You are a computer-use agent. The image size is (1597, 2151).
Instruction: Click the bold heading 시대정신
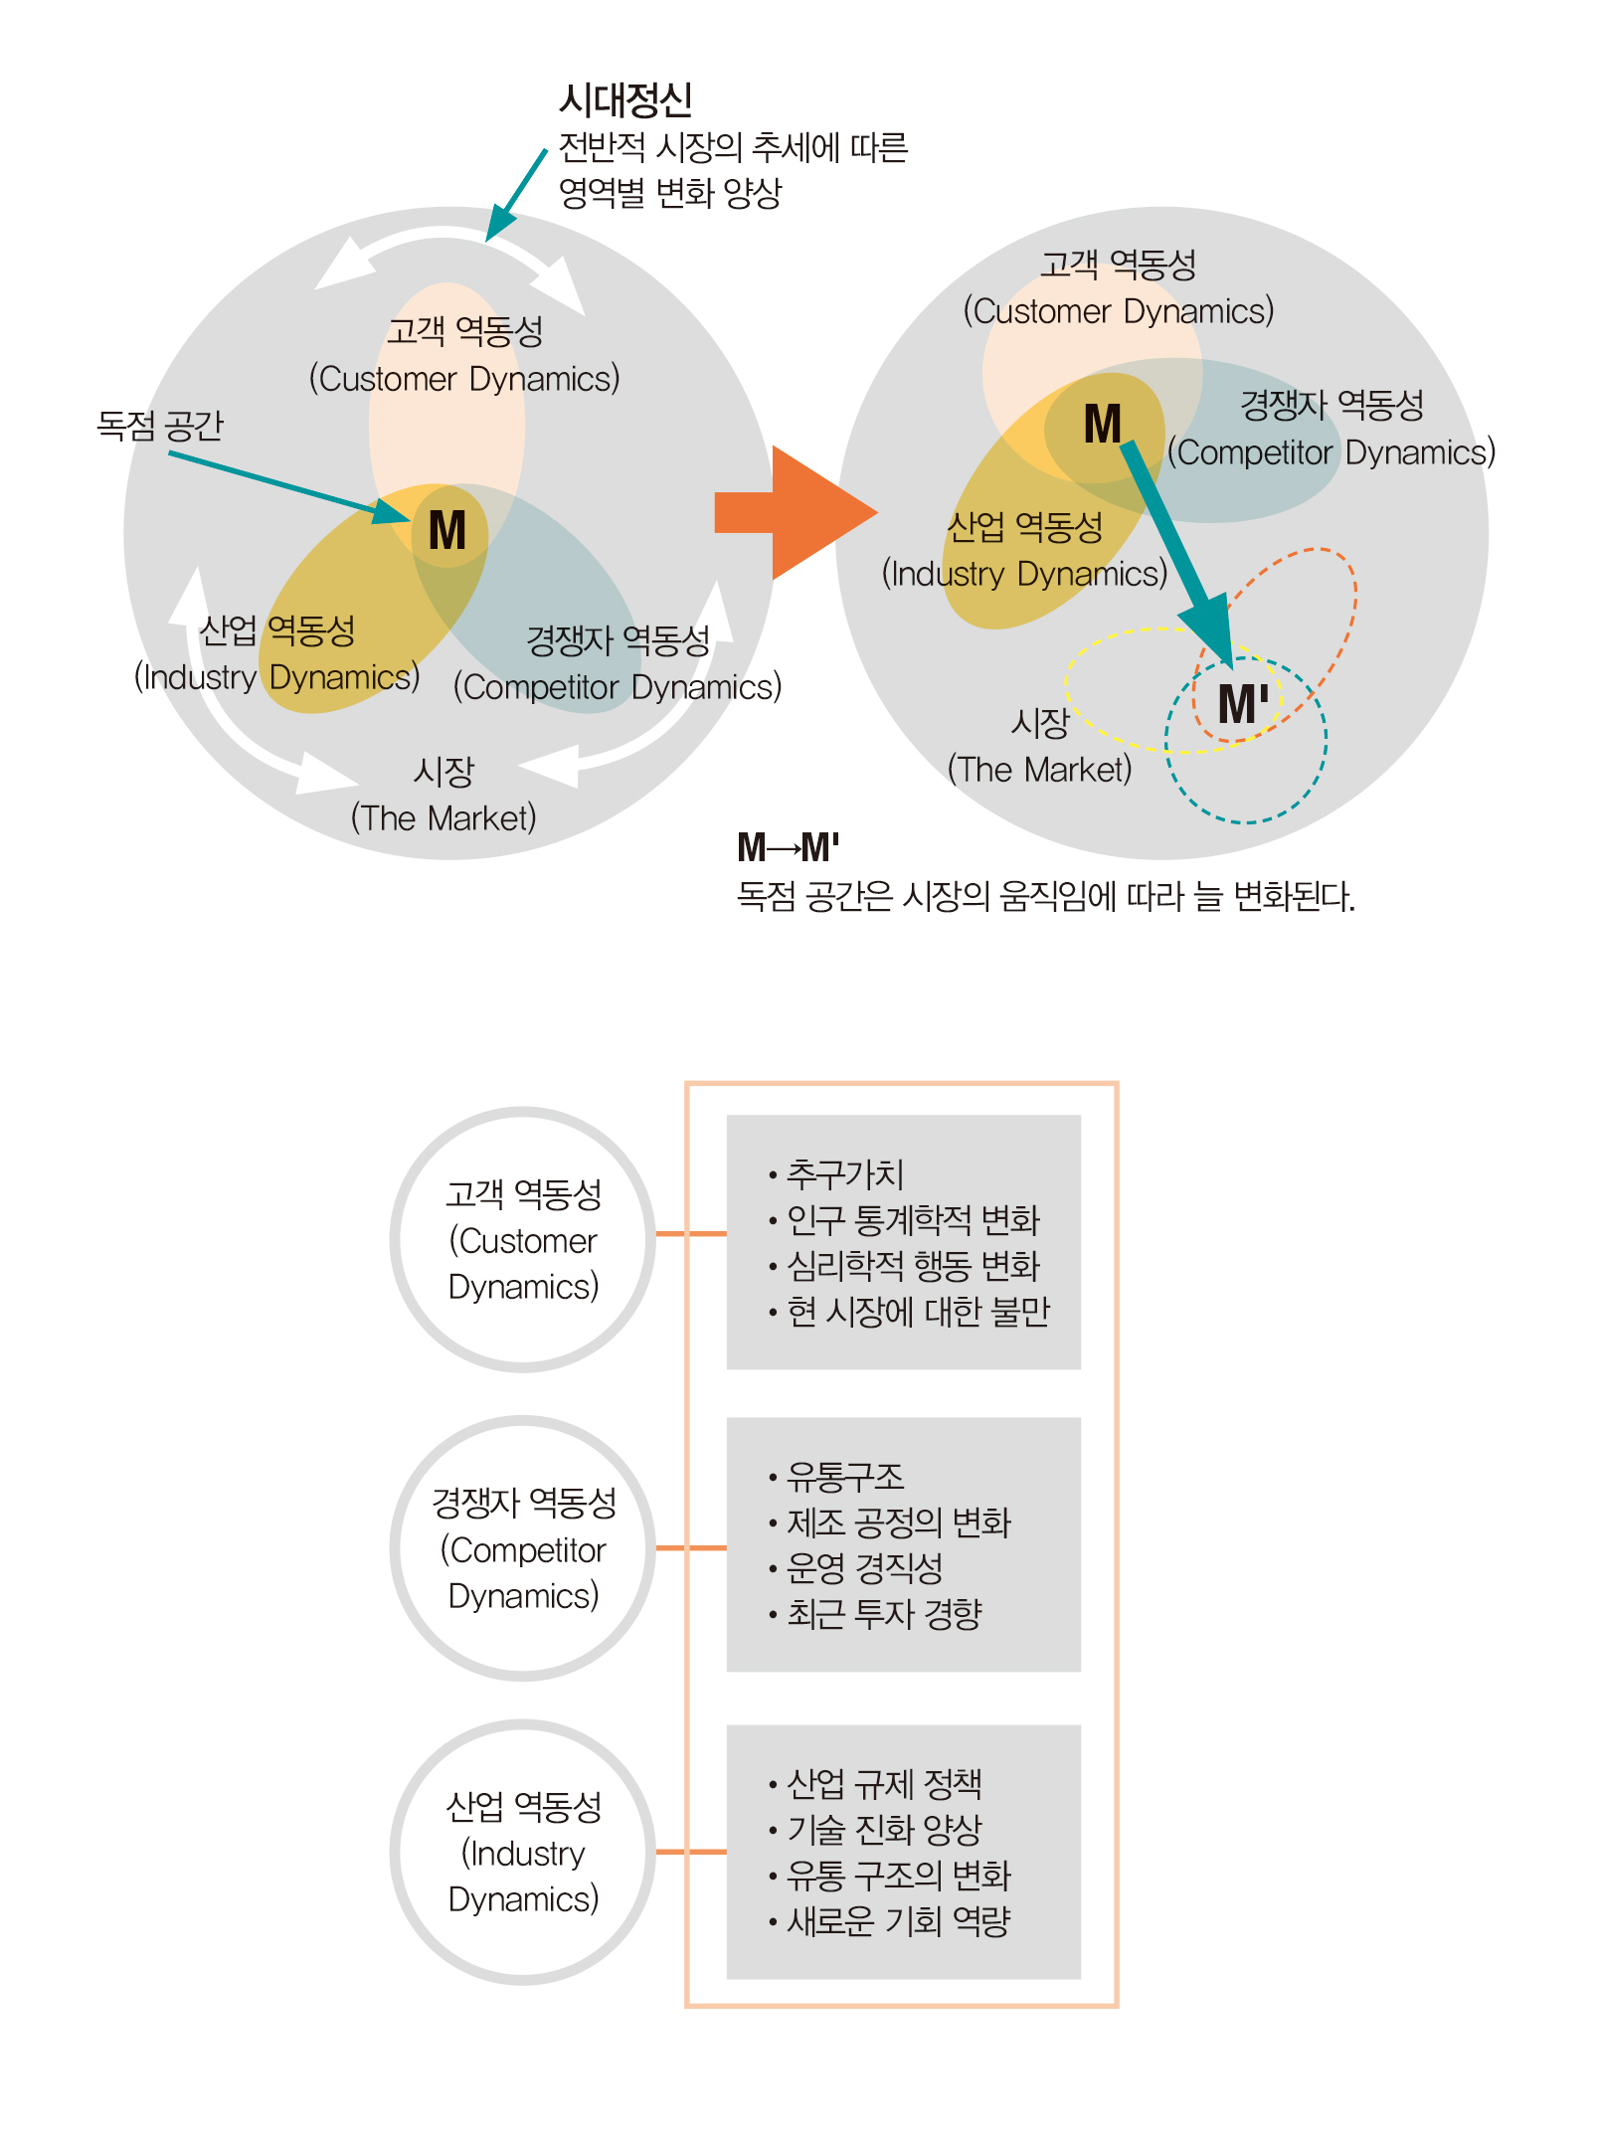625,99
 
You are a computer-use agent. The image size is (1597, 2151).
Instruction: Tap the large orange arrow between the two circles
796,513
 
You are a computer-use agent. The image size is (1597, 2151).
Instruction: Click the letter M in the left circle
447,530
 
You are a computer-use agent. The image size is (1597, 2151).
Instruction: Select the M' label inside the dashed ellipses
1243,704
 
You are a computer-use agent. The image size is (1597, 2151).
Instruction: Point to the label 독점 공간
160,426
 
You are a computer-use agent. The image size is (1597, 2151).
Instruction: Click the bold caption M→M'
789,848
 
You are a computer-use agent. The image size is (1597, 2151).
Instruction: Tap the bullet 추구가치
845,1174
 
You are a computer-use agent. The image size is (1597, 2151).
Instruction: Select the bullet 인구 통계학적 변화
913,1220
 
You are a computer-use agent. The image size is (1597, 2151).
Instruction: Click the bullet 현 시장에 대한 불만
918,1312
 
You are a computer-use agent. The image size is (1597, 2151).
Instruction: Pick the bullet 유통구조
845,1477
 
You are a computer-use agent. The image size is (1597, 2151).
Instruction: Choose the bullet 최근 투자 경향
884,1614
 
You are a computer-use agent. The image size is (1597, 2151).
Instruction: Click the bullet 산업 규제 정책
884,1784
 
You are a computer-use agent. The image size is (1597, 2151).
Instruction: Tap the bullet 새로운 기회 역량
898,1921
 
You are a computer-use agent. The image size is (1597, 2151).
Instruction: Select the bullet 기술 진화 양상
884,1830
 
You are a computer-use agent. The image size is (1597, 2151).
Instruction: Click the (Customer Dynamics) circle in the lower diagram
523,1240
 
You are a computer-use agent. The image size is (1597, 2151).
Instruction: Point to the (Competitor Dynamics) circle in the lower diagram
523,1548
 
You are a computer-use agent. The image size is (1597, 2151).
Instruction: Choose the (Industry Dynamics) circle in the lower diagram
523,1853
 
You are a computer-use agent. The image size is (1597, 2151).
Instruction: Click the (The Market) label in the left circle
444,818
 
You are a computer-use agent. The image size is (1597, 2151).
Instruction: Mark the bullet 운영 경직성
864,1568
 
